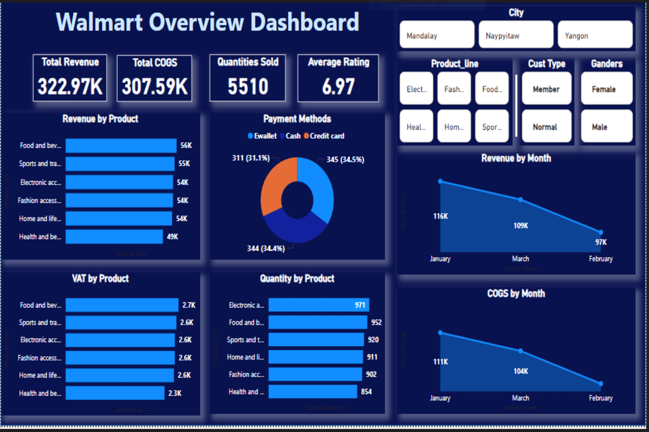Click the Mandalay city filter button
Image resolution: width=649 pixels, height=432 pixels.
(x=437, y=35)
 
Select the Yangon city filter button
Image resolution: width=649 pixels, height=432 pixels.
(x=595, y=35)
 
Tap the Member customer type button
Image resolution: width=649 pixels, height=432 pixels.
(x=546, y=89)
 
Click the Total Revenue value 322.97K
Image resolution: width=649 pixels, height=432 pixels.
(x=70, y=86)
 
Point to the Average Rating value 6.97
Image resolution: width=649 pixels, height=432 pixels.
(x=338, y=86)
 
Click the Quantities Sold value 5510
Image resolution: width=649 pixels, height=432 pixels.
(x=248, y=86)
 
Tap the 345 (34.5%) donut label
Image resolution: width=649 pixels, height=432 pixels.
(x=345, y=160)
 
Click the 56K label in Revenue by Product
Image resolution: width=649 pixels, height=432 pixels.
(x=186, y=145)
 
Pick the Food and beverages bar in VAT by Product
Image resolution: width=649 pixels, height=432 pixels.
(x=122, y=305)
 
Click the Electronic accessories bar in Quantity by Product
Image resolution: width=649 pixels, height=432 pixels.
(x=318, y=305)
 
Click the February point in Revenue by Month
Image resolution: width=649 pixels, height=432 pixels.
(x=601, y=232)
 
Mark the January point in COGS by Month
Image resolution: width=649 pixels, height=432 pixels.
(x=440, y=333)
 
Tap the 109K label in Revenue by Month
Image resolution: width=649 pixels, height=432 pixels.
(x=520, y=226)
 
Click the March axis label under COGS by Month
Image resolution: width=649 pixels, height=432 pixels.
(x=520, y=398)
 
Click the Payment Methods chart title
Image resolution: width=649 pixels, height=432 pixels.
(x=297, y=119)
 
